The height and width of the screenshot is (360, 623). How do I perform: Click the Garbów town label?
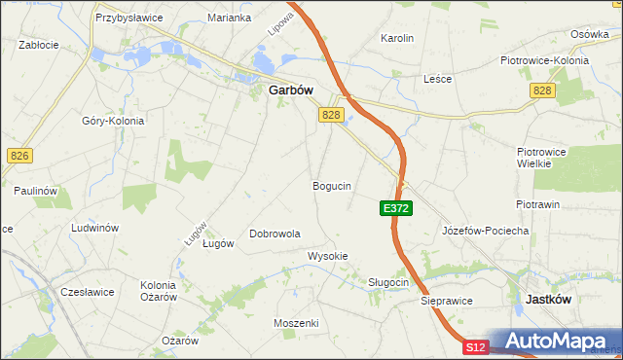click(289, 91)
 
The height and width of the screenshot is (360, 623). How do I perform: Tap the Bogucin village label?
click(332, 185)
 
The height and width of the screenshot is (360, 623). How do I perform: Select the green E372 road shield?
click(396, 208)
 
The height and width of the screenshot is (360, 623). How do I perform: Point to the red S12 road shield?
click(475, 347)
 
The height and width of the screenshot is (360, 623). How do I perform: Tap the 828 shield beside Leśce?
click(543, 90)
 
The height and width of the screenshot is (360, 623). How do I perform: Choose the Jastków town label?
click(548, 300)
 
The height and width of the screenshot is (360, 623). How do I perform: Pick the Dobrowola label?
click(275, 234)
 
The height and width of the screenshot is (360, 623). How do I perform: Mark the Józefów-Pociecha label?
click(485, 231)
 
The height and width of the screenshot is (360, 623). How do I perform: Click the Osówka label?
click(590, 33)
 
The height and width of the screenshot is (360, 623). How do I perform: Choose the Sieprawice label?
click(447, 302)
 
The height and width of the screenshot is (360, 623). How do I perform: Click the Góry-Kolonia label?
click(113, 121)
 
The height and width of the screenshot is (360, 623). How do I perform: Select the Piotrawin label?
click(537, 204)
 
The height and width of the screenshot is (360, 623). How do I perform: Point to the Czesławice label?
click(88, 291)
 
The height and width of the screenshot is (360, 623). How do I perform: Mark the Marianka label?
click(230, 18)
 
